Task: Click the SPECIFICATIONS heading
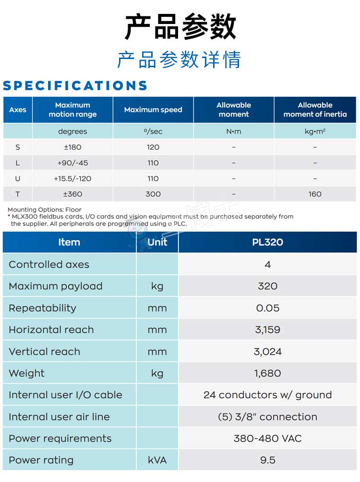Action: (75, 86)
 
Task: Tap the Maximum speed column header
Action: (153, 110)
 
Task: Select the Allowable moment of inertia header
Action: (315, 110)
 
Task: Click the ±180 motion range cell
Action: (72, 147)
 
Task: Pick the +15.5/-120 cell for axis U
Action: (72, 178)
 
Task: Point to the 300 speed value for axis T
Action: (153, 194)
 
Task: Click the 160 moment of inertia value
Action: (315, 194)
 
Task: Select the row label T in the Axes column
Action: (18, 194)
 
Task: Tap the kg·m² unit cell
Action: (315, 131)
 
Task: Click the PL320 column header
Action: (267, 242)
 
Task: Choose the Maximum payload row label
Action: (56, 286)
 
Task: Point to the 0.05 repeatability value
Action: (267, 308)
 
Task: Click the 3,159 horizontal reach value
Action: (267, 330)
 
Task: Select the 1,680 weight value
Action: (267, 373)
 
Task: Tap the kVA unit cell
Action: (157, 460)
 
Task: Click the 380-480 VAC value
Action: (267, 438)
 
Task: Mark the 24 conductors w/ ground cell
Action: (267, 395)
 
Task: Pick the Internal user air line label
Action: (59, 417)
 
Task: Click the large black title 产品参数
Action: (180, 27)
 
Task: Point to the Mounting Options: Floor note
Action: (45, 210)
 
